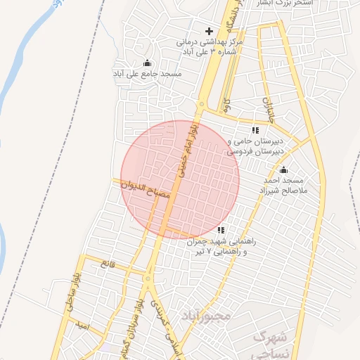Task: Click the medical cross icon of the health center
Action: coord(208,32)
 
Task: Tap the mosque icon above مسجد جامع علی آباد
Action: coord(146,63)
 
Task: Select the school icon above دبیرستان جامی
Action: coord(255,130)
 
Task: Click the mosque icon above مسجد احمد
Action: coord(284,170)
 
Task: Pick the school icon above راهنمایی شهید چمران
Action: coord(221,230)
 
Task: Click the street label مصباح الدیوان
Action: coord(148,191)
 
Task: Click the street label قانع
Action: coord(107,265)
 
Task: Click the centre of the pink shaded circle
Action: coord(180,180)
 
